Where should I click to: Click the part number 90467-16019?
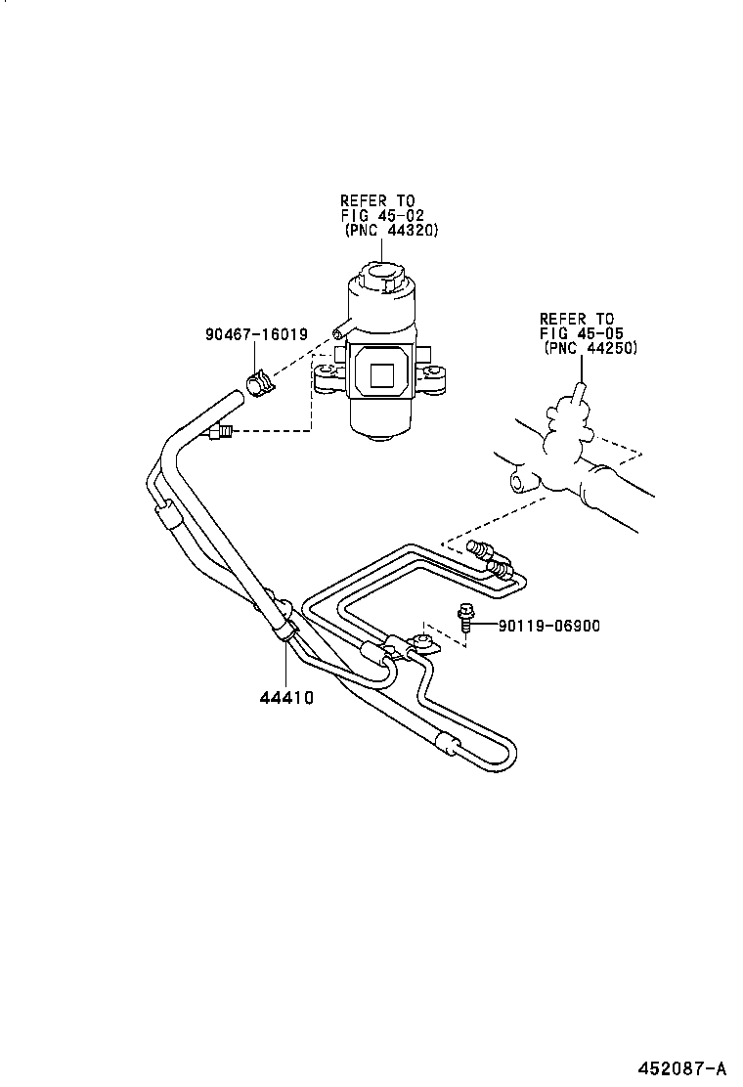click(x=256, y=333)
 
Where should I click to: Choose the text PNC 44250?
click(x=590, y=348)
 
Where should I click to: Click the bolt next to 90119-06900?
click(x=465, y=620)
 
